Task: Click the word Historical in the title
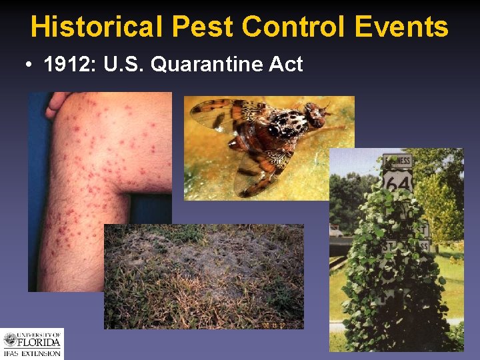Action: pos(96,27)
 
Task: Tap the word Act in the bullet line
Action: pos(289,65)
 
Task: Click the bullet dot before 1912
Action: pos(31,65)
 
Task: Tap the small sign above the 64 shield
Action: pos(397,161)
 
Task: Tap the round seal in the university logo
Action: pos(11,340)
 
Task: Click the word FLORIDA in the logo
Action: pos(40,343)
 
